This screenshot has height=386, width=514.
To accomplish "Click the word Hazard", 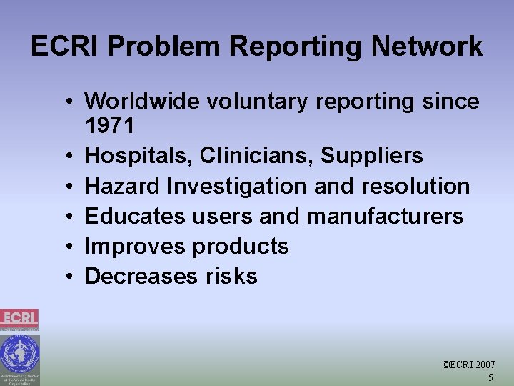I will pyautogui.click(x=123, y=186).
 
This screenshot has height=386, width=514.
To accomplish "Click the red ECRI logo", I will pyautogui.click(x=19, y=319).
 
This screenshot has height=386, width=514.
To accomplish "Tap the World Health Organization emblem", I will pyautogui.click(x=19, y=354).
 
